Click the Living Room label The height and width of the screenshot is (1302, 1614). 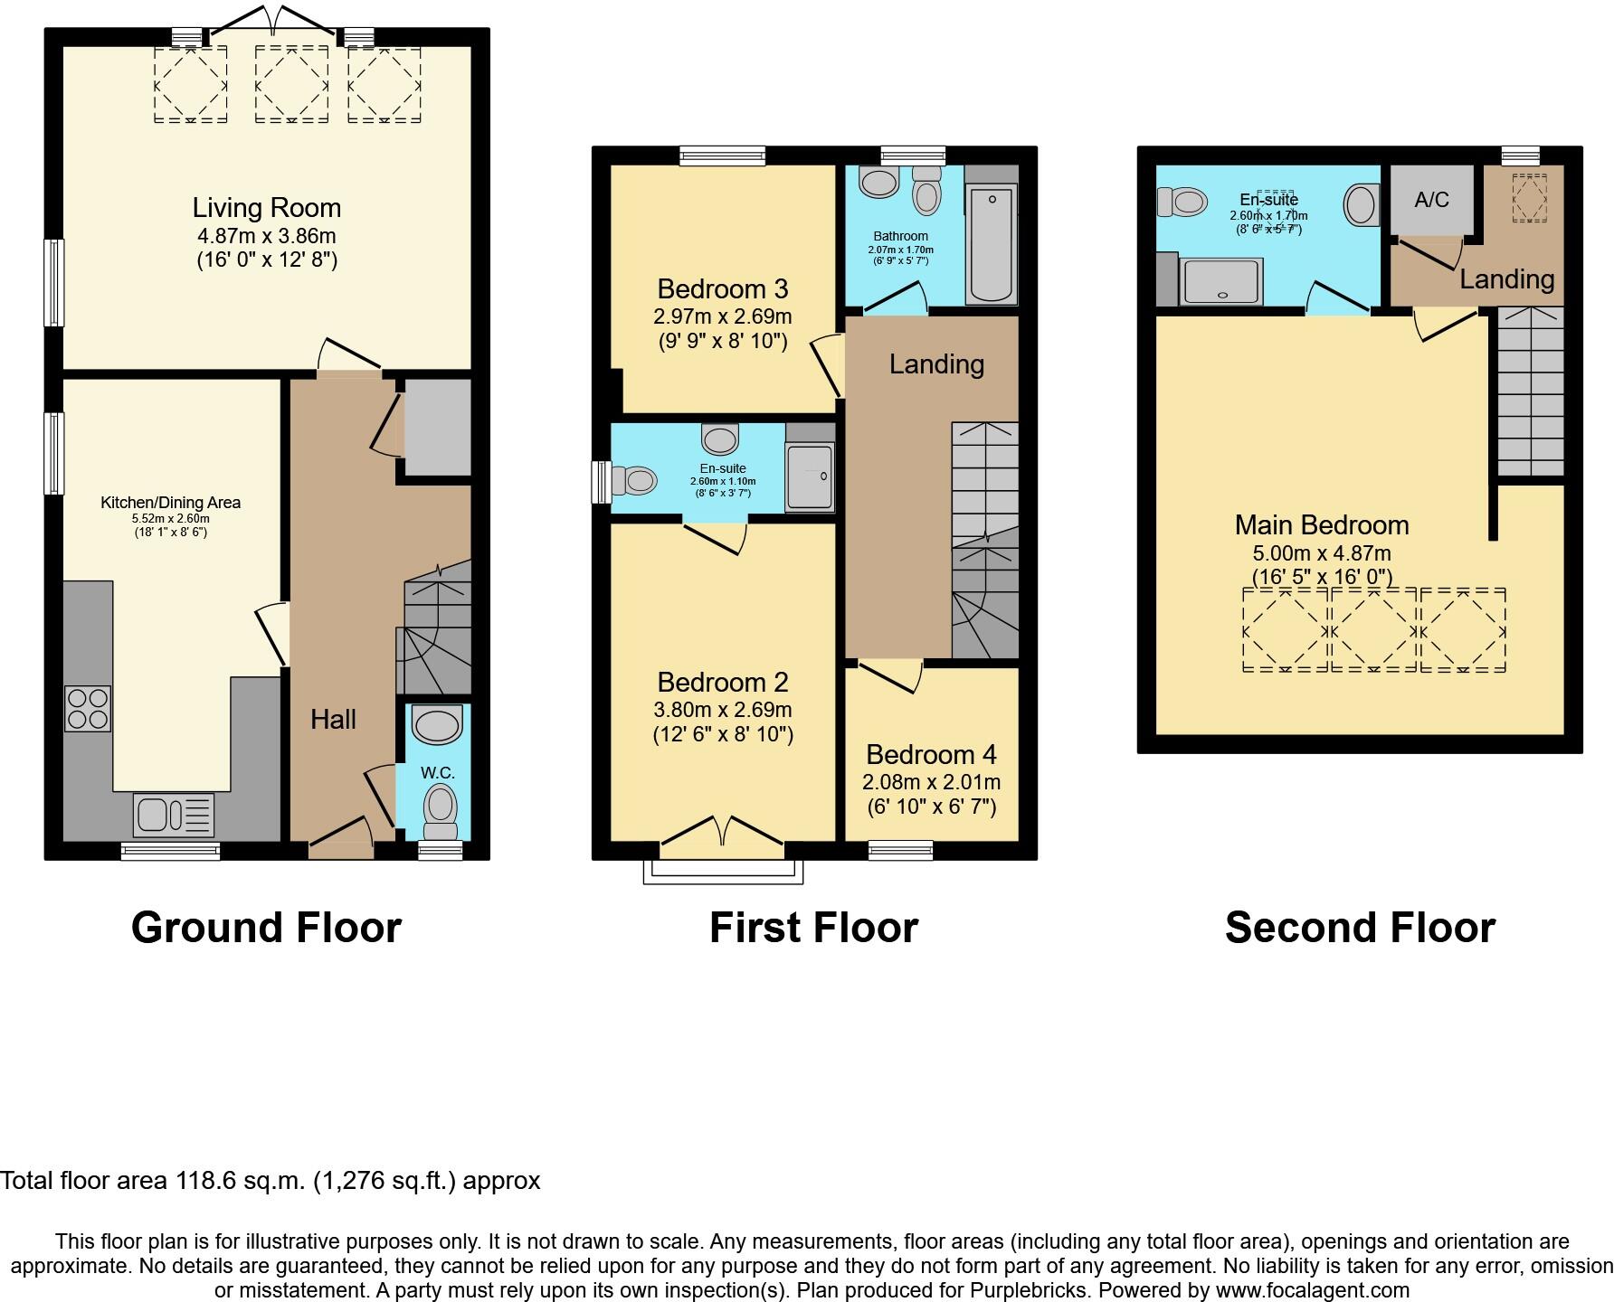pyautogui.click(x=266, y=208)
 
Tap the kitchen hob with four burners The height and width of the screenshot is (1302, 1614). pyautogui.click(x=88, y=709)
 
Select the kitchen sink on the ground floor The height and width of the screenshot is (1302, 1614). pyautogui.click(x=173, y=815)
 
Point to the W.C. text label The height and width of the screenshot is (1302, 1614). pyautogui.click(x=437, y=773)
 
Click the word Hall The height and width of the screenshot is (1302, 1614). pyautogui.click(x=333, y=720)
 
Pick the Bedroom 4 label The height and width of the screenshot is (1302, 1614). pyautogui.click(x=931, y=755)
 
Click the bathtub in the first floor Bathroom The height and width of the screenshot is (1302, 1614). pyautogui.click(x=992, y=242)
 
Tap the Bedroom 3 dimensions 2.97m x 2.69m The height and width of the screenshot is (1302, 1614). pyautogui.click(x=722, y=316)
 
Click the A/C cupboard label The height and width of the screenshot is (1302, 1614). pyautogui.click(x=1431, y=200)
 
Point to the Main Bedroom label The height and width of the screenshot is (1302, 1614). pyautogui.click(x=1321, y=525)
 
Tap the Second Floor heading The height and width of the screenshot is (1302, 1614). pyautogui.click(x=1359, y=929)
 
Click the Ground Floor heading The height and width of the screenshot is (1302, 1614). pyautogui.click(x=266, y=929)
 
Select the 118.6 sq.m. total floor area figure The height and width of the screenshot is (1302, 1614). pyautogui.click(x=240, y=1181)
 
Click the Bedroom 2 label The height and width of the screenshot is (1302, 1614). pyautogui.click(x=722, y=683)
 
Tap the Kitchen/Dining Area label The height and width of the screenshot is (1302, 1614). pyautogui.click(x=170, y=503)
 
